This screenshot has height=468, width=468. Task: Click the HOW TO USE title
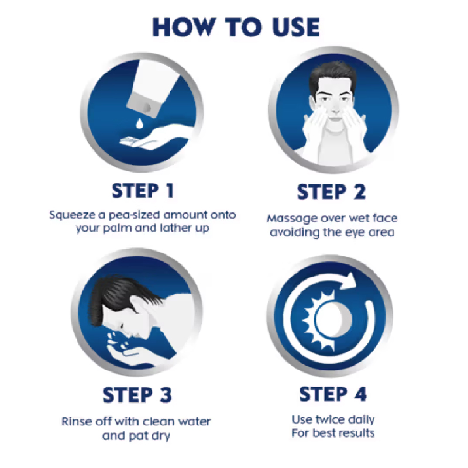(236, 27)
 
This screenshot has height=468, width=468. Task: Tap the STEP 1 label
(143, 191)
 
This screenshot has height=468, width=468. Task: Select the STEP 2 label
(331, 192)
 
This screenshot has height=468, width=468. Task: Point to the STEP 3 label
(137, 395)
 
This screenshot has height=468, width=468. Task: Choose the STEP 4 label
(333, 394)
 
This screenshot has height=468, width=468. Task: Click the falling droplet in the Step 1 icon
(139, 123)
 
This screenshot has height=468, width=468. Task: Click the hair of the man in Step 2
(332, 75)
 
